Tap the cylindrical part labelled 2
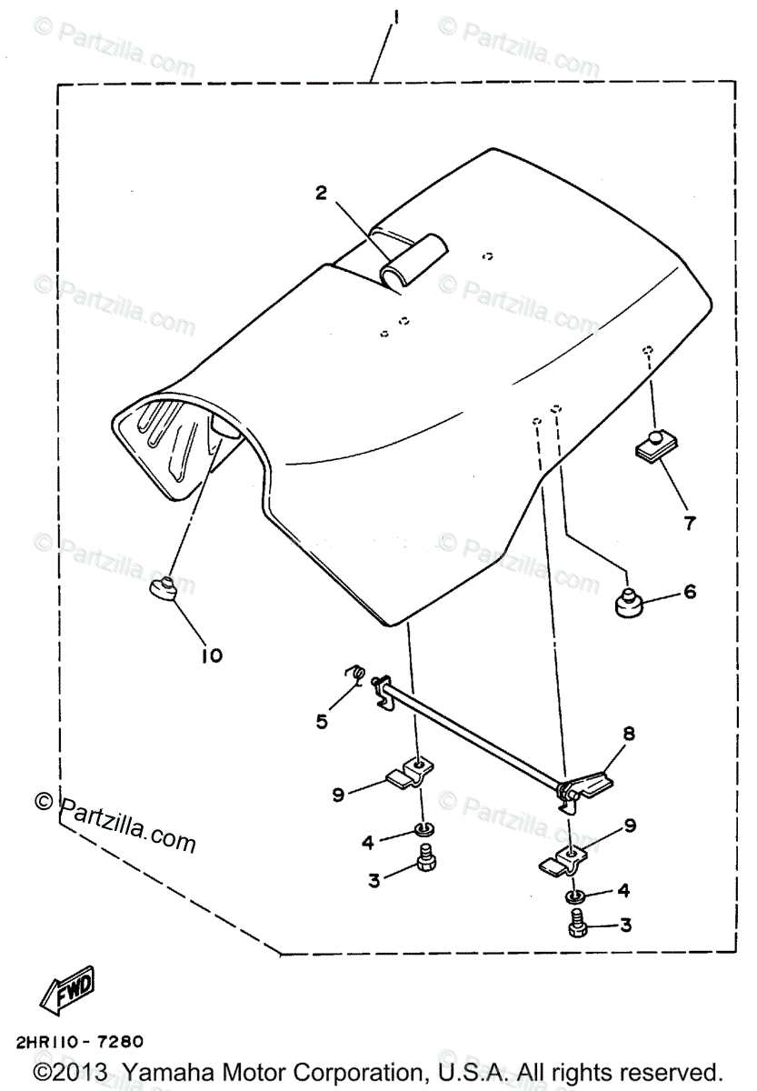(414, 261)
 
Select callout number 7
(689, 523)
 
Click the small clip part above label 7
(648, 445)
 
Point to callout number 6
(689, 593)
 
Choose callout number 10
(211, 655)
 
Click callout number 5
(322, 721)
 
